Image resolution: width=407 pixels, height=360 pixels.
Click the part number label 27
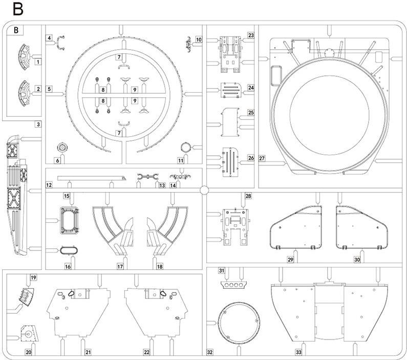pos(262,158)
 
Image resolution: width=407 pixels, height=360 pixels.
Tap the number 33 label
pos(298,352)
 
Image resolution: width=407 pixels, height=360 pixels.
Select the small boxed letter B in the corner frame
pos(16,30)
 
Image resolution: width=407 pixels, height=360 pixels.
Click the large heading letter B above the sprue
pos(17,9)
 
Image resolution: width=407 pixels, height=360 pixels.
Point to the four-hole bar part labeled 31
pos(233,285)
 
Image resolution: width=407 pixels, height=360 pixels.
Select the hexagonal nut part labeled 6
pos(62,147)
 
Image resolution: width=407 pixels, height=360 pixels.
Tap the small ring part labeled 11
pos(186,147)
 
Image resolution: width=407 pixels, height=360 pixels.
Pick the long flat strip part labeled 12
pos(91,178)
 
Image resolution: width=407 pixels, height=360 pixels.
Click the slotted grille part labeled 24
pos(231,90)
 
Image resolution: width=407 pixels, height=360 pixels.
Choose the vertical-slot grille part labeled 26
pos(230,162)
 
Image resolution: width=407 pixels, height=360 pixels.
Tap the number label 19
pos(33,278)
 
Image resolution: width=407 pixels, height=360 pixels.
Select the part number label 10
pos(199,40)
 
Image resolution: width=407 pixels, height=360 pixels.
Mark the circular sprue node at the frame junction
pos(205,190)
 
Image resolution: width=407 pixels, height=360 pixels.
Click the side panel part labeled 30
pos(362,228)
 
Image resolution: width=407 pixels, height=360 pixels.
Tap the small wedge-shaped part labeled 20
pos(29,333)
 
